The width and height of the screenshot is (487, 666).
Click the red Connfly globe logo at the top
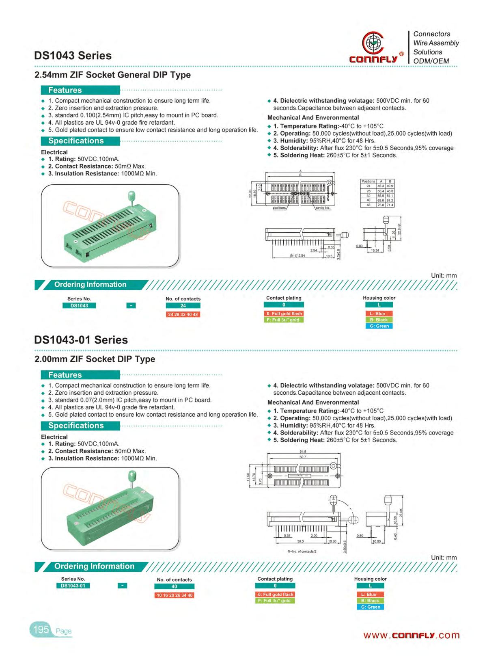click(x=373, y=43)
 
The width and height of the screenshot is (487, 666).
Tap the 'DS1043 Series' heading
click(x=73, y=56)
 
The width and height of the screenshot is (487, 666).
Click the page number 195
click(x=41, y=629)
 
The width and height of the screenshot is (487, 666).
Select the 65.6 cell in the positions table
click(x=381, y=200)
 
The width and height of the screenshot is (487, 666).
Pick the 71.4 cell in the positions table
click(x=390, y=205)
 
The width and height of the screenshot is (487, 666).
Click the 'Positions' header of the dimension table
click(x=368, y=182)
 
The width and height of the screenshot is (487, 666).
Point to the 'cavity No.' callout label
click(x=323, y=208)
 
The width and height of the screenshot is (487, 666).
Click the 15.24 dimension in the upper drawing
click(x=375, y=251)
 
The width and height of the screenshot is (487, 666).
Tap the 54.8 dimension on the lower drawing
click(x=303, y=452)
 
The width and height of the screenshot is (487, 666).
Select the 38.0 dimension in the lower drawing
click(x=300, y=541)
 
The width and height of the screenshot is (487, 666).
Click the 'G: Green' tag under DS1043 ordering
click(x=379, y=326)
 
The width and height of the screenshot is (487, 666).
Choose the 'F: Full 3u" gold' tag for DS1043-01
click(x=275, y=601)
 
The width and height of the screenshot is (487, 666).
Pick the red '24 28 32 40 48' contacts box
click(x=183, y=314)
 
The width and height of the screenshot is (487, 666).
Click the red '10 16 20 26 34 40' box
click(x=175, y=595)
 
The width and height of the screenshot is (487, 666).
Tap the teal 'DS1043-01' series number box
click(x=73, y=586)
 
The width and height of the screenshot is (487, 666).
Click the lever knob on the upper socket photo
click(x=131, y=197)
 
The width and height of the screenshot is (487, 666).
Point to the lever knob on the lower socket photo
click(x=132, y=476)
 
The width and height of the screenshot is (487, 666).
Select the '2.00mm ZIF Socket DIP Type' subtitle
click(x=95, y=359)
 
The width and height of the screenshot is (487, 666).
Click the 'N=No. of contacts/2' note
click(x=302, y=551)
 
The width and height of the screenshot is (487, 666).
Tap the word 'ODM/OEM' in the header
click(x=431, y=61)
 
